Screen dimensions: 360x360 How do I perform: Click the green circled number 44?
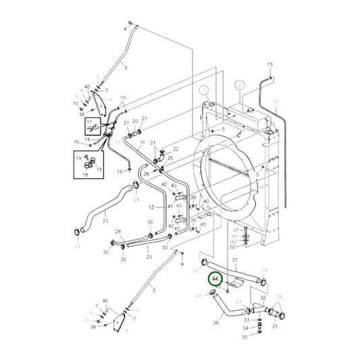click(x=215, y=278)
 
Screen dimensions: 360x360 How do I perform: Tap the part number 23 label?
click(x=105, y=220)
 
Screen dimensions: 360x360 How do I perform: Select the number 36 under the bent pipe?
click(x=216, y=323)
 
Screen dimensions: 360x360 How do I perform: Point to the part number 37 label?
click(x=234, y=259)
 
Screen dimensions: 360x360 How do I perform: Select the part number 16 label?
click(x=77, y=142)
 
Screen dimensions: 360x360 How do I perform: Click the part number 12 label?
click(x=151, y=207)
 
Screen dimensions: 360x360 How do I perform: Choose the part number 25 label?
click(x=170, y=158)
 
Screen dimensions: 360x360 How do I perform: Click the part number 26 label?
click(x=146, y=174)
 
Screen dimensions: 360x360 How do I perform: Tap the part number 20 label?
click(x=135, y=121)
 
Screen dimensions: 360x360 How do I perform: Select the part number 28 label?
click(x=118, y=232)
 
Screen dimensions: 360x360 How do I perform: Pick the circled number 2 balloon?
click(x=239, y=85)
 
